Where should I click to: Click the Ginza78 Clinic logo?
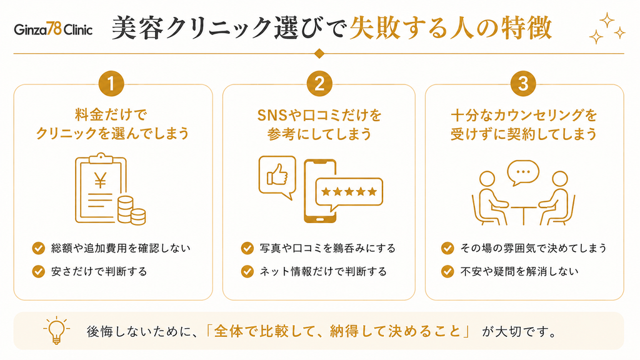click(53, 29)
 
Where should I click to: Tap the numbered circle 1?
click(111, 84)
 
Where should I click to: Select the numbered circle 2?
click(319, 84)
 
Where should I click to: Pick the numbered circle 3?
click(523, 84)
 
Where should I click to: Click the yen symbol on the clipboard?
click(100, 180)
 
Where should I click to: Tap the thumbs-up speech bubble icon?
click(277, 177)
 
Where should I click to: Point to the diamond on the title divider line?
click(319, 54)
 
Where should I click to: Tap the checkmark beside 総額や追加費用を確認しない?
click(38, 248)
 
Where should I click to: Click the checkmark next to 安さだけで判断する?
click(38, 271)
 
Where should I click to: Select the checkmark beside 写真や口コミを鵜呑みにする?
click(247, 248)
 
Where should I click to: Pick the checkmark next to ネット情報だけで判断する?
click(247, 271)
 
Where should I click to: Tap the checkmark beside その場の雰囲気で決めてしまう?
click(447, 248)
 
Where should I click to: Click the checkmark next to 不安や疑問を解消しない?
click(447, 271)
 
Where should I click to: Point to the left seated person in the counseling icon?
click(488, 200)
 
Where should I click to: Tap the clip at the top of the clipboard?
click(101, 158)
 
